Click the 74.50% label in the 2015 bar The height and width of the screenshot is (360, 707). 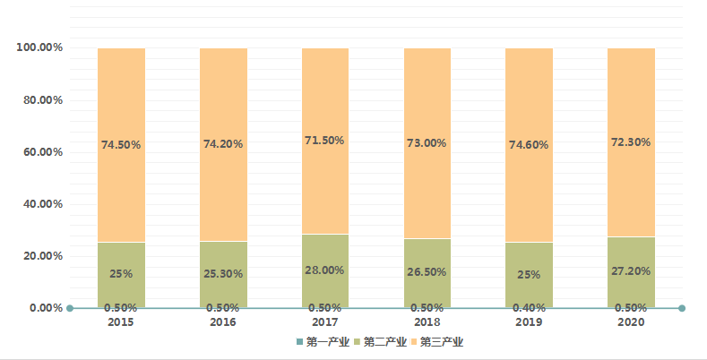point(121,144)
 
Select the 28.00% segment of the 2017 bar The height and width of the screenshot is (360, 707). point(325,271)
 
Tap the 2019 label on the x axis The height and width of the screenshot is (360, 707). point(529,321)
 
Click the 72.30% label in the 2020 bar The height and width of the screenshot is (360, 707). point(631,141)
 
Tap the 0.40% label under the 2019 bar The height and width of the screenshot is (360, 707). point(529,308)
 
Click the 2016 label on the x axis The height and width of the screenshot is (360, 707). point(223,321)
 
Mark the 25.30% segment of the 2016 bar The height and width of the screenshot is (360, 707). point(223,274)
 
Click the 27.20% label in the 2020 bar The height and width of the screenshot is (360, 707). point(631,270)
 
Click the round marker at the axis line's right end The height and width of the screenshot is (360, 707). point(683,308)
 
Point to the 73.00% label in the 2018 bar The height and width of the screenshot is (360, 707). point(427,143)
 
